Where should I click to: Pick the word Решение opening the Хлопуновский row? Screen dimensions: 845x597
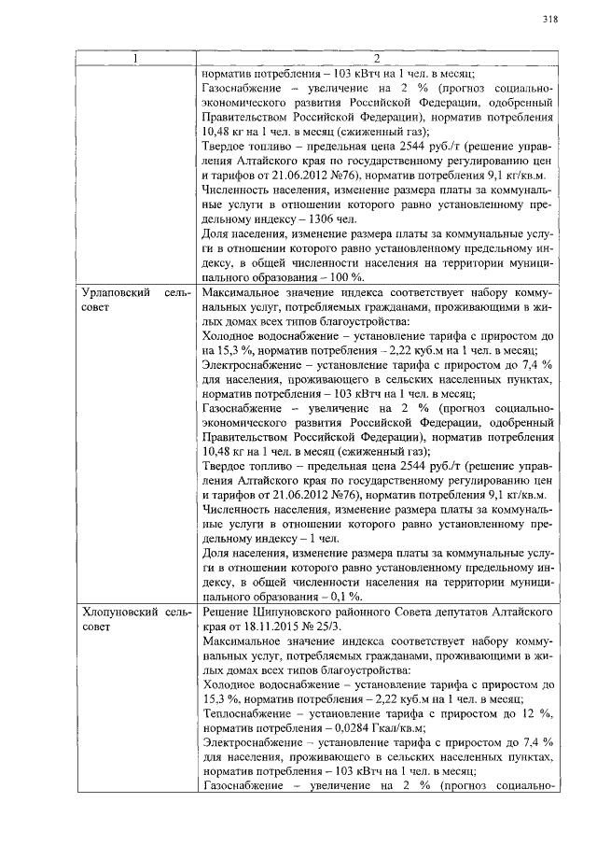(x=229, y=611)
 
